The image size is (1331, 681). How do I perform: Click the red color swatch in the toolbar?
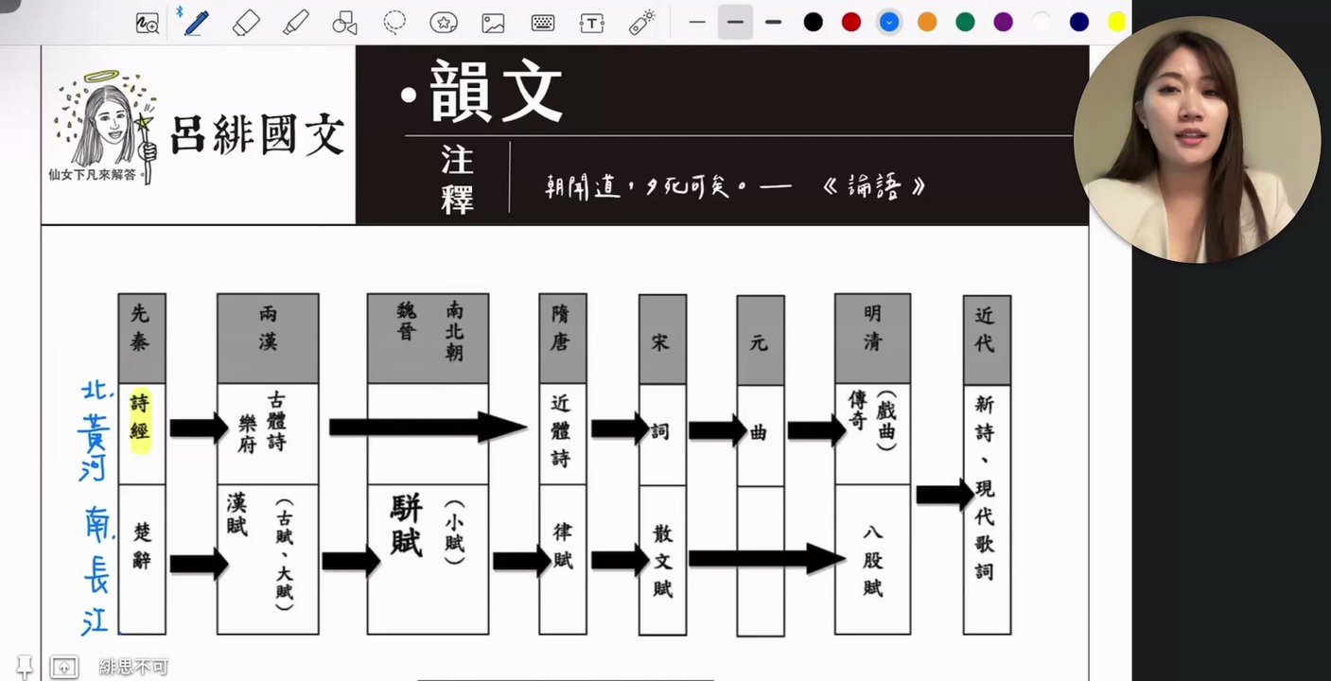(850, 23)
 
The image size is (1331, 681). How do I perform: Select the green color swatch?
(965, 23)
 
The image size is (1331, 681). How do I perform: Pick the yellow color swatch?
(1116, 23)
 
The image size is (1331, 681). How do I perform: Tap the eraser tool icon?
(246, 24)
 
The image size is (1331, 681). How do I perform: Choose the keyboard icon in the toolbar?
(542, 24)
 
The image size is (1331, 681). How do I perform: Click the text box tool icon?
(592, 24)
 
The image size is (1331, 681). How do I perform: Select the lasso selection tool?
(394, 23)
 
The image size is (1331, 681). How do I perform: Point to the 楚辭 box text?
(142, 546)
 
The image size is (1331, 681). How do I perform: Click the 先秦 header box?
(142, 338)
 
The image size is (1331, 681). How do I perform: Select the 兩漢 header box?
(268, 338)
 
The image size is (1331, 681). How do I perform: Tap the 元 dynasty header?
(761, 340)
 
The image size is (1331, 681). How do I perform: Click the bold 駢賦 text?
(407, 524)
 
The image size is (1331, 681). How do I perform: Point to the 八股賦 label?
(872, 560)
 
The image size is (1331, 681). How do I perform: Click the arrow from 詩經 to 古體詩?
(199, 428)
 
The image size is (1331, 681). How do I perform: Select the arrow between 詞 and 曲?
(718, 430)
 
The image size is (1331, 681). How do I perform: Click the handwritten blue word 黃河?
(94, 447)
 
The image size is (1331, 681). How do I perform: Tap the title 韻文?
(496, 92)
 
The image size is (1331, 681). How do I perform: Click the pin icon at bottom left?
(24, 667)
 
